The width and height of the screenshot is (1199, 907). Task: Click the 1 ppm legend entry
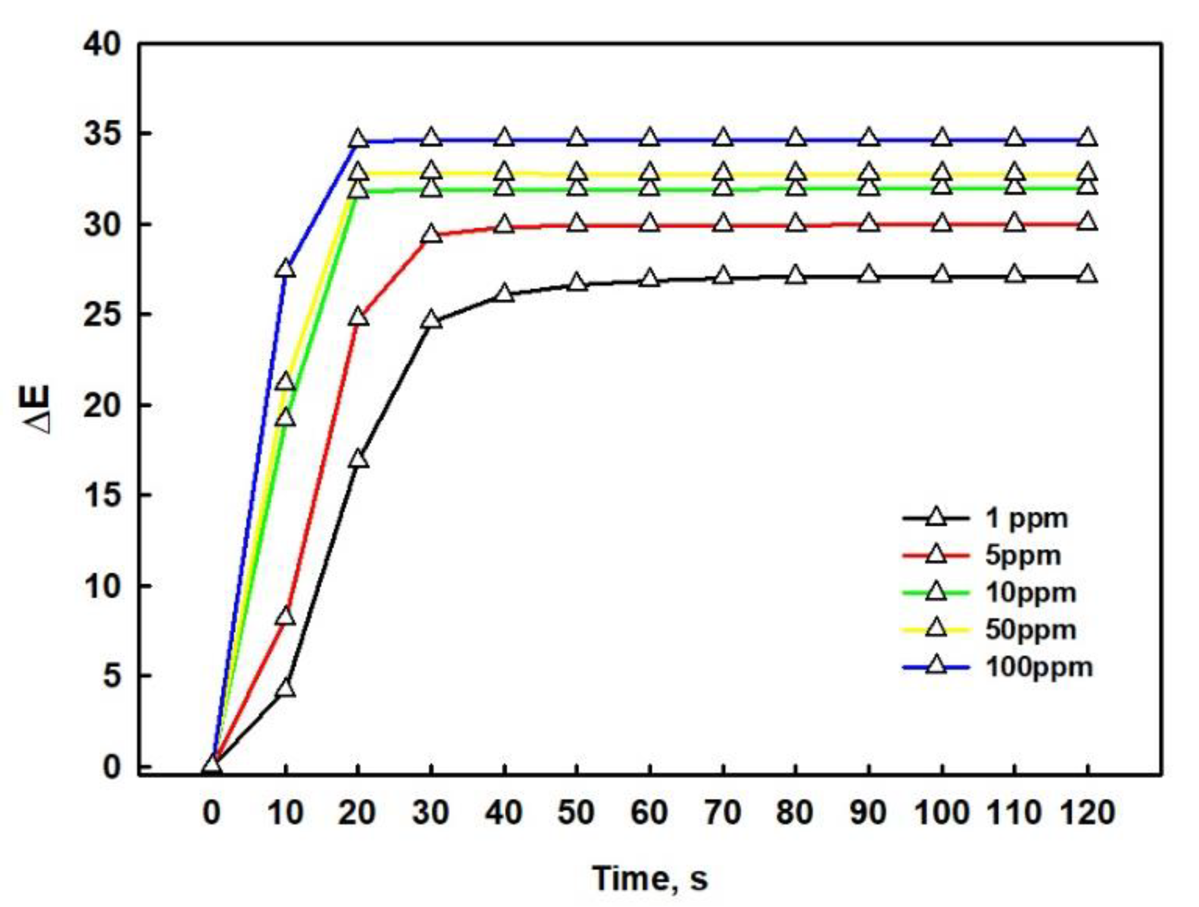pyautogui.click(x=1026, y=518)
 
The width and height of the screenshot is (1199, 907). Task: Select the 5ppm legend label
pyautogui.click(x=1023, y=555)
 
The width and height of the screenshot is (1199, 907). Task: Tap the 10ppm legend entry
pyautogui.click(x=1030, y=593)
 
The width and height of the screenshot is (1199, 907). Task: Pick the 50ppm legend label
pyautogui.click(x=1030, y=630)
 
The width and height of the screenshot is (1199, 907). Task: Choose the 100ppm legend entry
pyautogui.click(x=1039, y=667)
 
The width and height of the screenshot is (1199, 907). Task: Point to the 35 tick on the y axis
pyautogui.click(x=102, y=134)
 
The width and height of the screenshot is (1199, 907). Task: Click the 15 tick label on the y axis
pyautogui.click(x=102, y=495)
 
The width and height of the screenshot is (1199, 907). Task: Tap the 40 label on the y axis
pyautogui.click(x=102, y=44)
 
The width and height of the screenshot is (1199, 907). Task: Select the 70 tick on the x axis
pyautogui.click(x=723, y=813)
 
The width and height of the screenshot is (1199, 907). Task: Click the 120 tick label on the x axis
pyautogui.click(x=1088, y=813)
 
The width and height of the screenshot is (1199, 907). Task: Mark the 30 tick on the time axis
pyautogui.click(x=430, y=813)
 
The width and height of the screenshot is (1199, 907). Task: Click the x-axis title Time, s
pyautogui.click(x=650, y=878)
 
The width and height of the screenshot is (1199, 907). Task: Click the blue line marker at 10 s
pyautogui.click(x=285, y=269)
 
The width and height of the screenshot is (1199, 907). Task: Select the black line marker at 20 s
pyautogui.click(x=358, y=459)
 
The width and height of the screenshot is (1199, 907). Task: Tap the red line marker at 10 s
pyautogui.click(x=285, y=617)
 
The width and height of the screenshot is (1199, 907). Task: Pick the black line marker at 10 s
pyautogui.click(x=285, y=688)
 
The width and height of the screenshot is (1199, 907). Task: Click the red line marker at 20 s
pyautogui.click(x=358, y=317)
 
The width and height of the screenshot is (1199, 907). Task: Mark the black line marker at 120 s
pyautogui.click(x=1088, y=275)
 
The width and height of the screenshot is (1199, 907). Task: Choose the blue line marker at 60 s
pyautogui.click(x=650, y=138)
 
